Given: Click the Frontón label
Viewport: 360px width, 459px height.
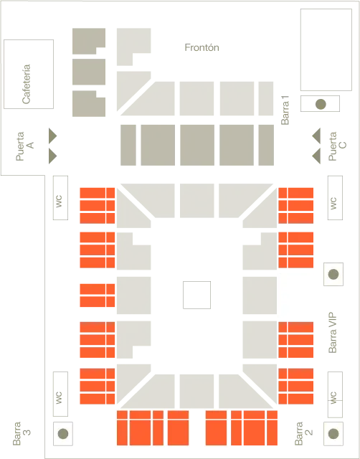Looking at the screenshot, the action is (x=202, y=47).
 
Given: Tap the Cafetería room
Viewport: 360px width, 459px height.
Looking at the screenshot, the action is (x=29, y=74).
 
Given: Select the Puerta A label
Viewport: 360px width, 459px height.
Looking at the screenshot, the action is (x=25, y=146).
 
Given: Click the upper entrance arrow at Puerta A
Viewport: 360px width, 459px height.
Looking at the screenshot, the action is (x=52, y=136).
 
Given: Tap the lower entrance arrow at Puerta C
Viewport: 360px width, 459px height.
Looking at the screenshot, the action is (x=316, y=156).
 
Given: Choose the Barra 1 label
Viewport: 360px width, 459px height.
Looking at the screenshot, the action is (x=285, y=110).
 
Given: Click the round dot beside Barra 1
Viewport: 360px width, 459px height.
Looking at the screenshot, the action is (x=321, y=104).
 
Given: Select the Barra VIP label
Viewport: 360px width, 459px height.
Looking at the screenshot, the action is (x=333, y=333).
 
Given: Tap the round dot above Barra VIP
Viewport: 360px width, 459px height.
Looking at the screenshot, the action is (x=333, y=274).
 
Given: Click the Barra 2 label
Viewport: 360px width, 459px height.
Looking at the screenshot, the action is (x=304, y=433).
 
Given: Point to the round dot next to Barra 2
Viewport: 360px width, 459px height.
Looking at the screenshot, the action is (x=333, y=433).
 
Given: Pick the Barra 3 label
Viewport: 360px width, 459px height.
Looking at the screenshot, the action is (x=22, y=433).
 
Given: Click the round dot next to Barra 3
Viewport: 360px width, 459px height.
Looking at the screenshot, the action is (x=63, y=433).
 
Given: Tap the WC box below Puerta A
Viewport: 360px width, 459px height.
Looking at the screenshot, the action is (x=60, y=198).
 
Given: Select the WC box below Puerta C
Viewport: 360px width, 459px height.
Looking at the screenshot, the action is (x=335, y=198).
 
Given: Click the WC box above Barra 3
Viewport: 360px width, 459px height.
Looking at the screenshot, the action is (x=60, y=394).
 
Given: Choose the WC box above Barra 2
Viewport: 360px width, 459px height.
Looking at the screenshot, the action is (x=335, y=394).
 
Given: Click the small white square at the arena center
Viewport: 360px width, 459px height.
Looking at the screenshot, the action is (x=196, y=295).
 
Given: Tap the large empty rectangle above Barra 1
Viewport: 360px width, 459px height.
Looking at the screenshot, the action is (x=326, y=49).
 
